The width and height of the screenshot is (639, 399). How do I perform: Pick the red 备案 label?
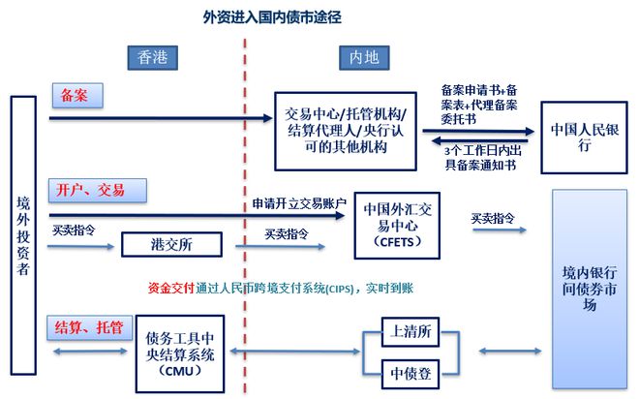(76, 96)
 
